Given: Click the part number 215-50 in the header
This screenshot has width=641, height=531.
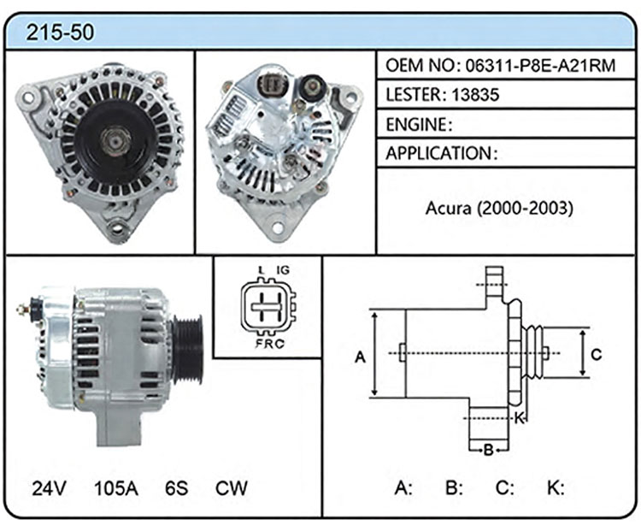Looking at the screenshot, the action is [60, 32].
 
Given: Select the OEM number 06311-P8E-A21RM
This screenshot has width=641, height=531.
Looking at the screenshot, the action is [540, 66].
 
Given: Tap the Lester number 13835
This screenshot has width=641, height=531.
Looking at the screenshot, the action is [475, 95].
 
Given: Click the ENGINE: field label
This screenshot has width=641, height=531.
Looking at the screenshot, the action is [419, 124].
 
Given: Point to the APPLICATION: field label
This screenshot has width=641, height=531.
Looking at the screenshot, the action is [442, 153].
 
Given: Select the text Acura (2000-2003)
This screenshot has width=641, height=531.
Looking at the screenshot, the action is [499, 209].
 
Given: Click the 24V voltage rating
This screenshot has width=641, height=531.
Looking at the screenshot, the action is [49, 488].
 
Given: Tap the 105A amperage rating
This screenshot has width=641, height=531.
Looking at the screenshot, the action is [116, 488].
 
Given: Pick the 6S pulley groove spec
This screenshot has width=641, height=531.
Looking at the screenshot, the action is [177, 488].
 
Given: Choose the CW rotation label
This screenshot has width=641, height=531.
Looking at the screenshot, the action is [232, 488].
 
